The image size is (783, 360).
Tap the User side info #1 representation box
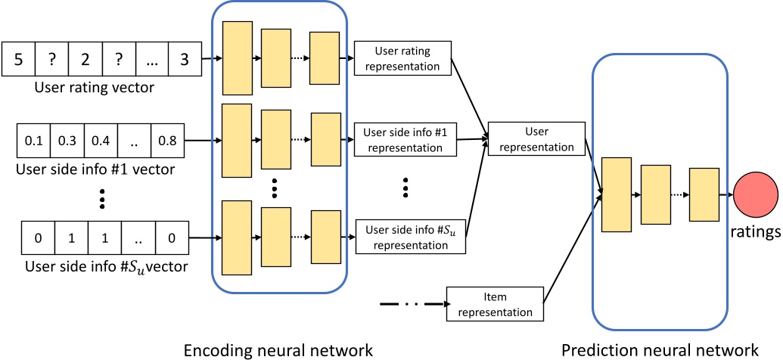click(x=403, y=139)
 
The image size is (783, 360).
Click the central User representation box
click(x=537, y=139)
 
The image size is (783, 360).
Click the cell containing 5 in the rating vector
click(x=19, y=59)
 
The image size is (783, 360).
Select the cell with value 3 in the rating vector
click(x=185, y=59)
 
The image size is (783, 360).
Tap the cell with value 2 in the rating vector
click(x=85, y=59)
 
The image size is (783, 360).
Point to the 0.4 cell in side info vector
click(x=101, y=141)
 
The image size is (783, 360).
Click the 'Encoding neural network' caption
click(x=278, y=349)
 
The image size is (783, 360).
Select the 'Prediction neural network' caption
click(x=660, y=349)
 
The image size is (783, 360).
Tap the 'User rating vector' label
click(x=95, y=88)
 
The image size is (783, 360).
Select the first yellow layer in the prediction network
click(x=616, y=194)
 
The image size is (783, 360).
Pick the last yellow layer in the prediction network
click(x=704, y=194)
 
